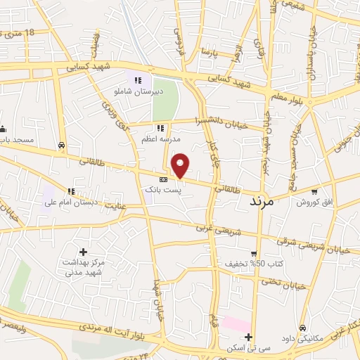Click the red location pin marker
(x=181, y=165)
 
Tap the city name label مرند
(x=266, y=202)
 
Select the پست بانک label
(x=163, y=190)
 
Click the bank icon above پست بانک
(x=163, y=180)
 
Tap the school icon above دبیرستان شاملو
(x=139, y=80)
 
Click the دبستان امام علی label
(x=70, y=202)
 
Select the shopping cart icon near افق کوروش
(x=314, y=191)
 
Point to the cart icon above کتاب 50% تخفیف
(x=254, y=254)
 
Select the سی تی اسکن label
(x=248, y=347)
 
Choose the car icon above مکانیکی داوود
(x=302, y=328)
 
